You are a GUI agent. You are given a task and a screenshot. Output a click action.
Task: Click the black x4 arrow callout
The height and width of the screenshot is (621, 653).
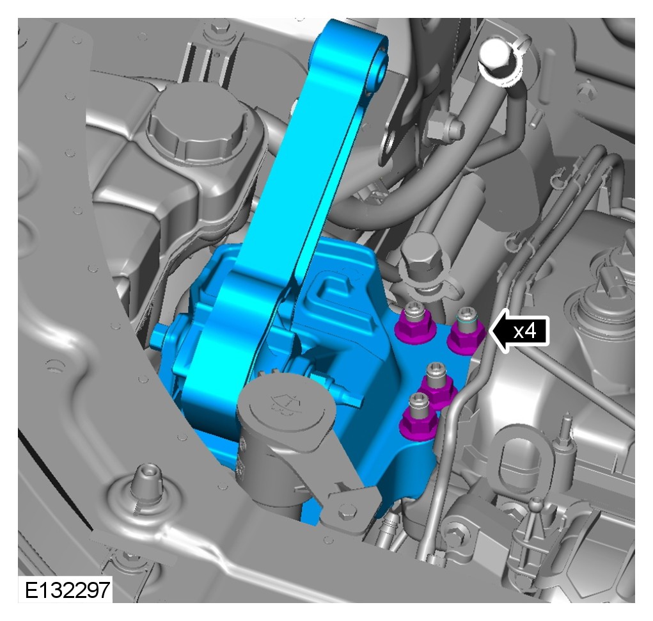point(519,332)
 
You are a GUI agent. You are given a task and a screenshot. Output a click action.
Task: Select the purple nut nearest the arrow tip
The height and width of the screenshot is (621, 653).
point(466,334)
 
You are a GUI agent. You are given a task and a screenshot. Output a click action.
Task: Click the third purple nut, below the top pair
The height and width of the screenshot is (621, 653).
point(439,387)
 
